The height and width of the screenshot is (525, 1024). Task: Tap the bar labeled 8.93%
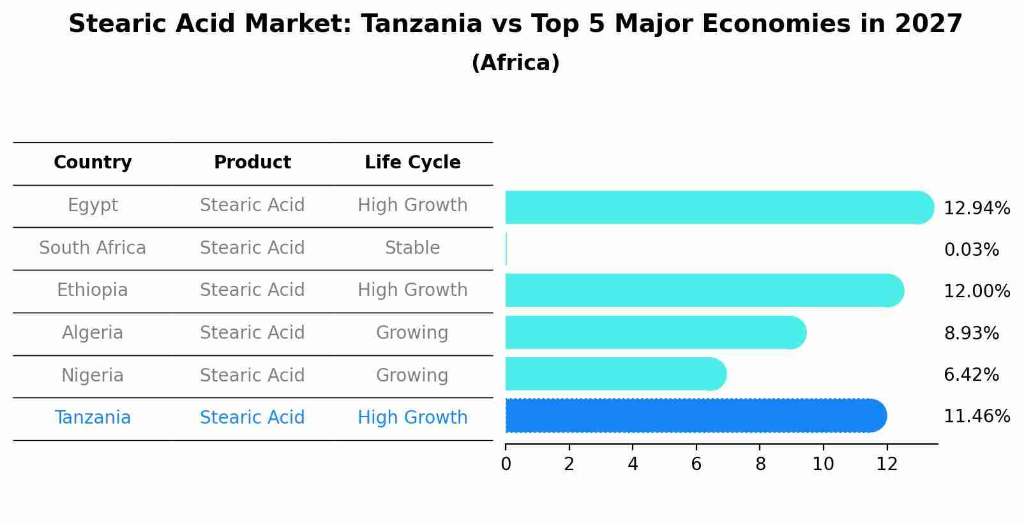click(655, 332)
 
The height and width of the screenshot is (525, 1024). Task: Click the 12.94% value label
click(976, 209)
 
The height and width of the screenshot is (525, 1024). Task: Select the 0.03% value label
click(971, 250)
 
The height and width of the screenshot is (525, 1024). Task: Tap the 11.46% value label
click(976, 417)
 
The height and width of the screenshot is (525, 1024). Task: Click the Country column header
click(93, 163)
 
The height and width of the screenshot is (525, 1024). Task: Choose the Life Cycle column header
click(412, 163)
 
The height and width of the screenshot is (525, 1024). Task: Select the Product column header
click(252, 163)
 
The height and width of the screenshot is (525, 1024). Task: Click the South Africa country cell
click(93, 248)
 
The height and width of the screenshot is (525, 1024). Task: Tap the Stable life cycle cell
click(412, 248)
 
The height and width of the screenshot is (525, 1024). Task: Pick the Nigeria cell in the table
click(93, 376)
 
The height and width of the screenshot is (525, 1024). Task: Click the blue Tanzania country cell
click(93, 418)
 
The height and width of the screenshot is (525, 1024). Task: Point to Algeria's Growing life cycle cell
click(412, 333)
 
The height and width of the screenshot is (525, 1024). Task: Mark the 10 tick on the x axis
click(823, 464)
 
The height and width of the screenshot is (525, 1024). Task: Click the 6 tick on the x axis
click(696, 464)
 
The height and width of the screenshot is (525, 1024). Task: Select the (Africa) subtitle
click(515, 63)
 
